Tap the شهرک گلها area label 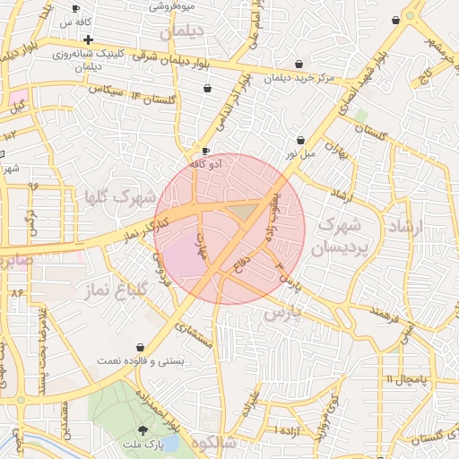pos(119,196)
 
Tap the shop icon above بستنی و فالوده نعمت pos(141,347)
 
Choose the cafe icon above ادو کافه pos(206,151)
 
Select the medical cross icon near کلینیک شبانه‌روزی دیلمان pos(88,39)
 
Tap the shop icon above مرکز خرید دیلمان pos(299,65)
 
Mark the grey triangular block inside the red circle pos(243,211)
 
